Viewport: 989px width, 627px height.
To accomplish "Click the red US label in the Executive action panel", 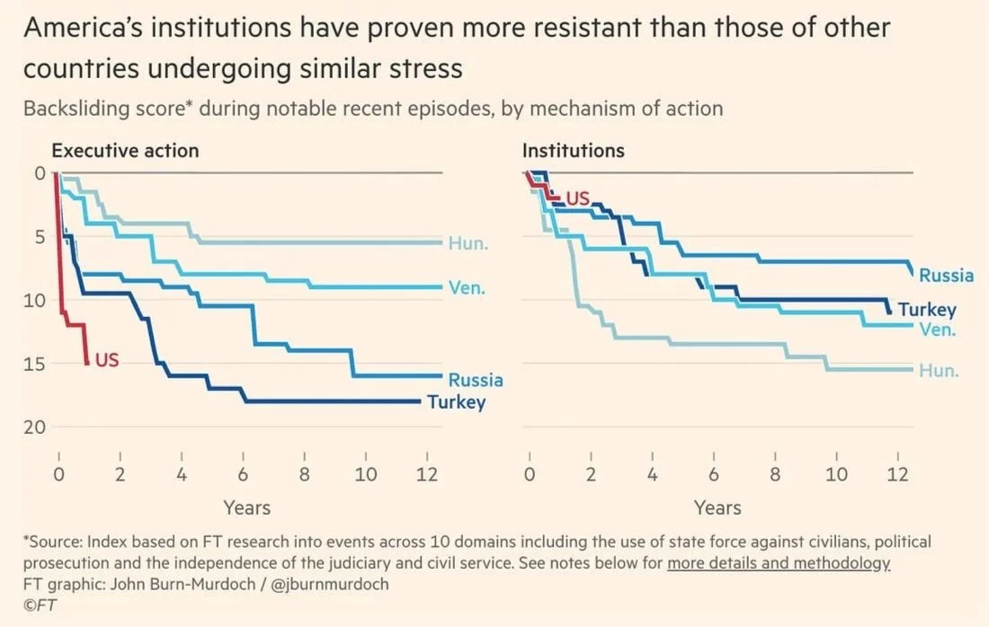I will (107, 360).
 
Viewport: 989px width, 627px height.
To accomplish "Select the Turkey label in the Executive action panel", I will (456, 402).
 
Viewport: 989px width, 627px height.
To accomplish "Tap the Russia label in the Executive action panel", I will (476, 380).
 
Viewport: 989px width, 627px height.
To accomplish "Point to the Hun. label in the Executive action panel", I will (467, 243).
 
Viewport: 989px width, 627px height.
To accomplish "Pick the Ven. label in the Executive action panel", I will (467, 288).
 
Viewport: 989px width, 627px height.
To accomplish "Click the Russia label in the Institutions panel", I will (946, 275).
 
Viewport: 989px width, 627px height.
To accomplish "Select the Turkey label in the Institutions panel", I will (927, 310).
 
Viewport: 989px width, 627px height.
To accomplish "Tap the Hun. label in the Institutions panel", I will (938, 370).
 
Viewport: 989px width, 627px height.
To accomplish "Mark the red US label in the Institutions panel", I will (576, 198).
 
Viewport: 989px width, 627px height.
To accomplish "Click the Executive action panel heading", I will (125, 150).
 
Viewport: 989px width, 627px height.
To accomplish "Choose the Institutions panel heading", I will (573, 150).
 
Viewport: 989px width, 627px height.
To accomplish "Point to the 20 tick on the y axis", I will (33, 428).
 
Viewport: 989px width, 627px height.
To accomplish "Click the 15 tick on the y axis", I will (33, 364).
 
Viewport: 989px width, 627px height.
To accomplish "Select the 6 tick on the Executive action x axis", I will (244, 474).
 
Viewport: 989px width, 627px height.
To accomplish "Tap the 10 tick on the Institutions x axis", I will (836, 474).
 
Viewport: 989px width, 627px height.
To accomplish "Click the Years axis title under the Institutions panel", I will (717, 508).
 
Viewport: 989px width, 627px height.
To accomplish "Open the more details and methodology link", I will (778, 564).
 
